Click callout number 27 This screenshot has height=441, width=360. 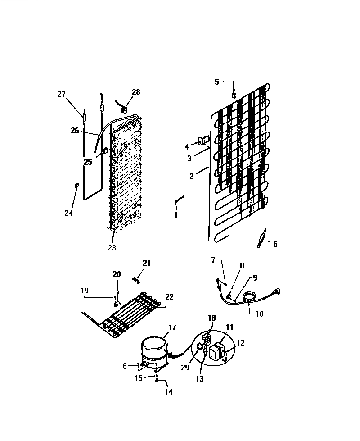point(62,94)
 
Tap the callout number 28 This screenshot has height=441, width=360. point(136,92)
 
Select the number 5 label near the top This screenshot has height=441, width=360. point(217,82)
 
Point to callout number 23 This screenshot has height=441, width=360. point(112,247)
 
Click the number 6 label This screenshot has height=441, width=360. point(275,244)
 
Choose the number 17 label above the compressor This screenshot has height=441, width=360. point(172,328)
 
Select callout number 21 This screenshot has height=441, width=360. point(147,264)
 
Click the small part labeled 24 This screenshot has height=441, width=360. point(76,185)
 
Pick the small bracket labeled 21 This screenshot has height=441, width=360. point(136,280)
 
